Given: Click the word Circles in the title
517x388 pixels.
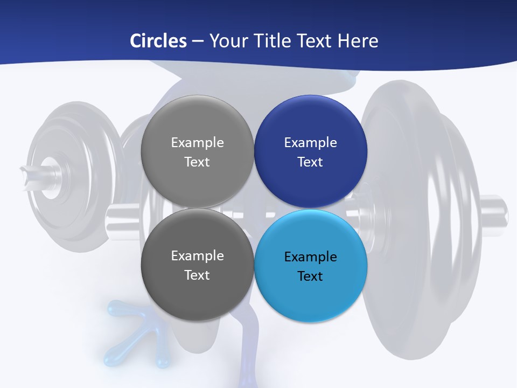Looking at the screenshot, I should [x=158, y=41].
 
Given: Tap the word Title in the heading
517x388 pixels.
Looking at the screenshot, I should [x=266, y=41].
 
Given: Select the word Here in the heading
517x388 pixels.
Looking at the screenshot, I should [x=358, y=41].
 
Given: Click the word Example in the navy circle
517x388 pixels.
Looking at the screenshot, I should [x=311, y=143].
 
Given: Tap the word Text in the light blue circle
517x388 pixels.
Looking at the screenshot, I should [x=310, y=276].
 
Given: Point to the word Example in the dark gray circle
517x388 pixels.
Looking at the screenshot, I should [x=197, y=256].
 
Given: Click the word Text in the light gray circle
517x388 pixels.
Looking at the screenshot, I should [x=197, y=162].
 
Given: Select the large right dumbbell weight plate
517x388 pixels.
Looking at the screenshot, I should [x=420, y=226].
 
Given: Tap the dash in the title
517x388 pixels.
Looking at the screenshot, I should [x=198, y=41].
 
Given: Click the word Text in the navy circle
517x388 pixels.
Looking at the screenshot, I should [x=310, y=162].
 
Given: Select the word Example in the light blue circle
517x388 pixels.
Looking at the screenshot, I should [x=311, y=257].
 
